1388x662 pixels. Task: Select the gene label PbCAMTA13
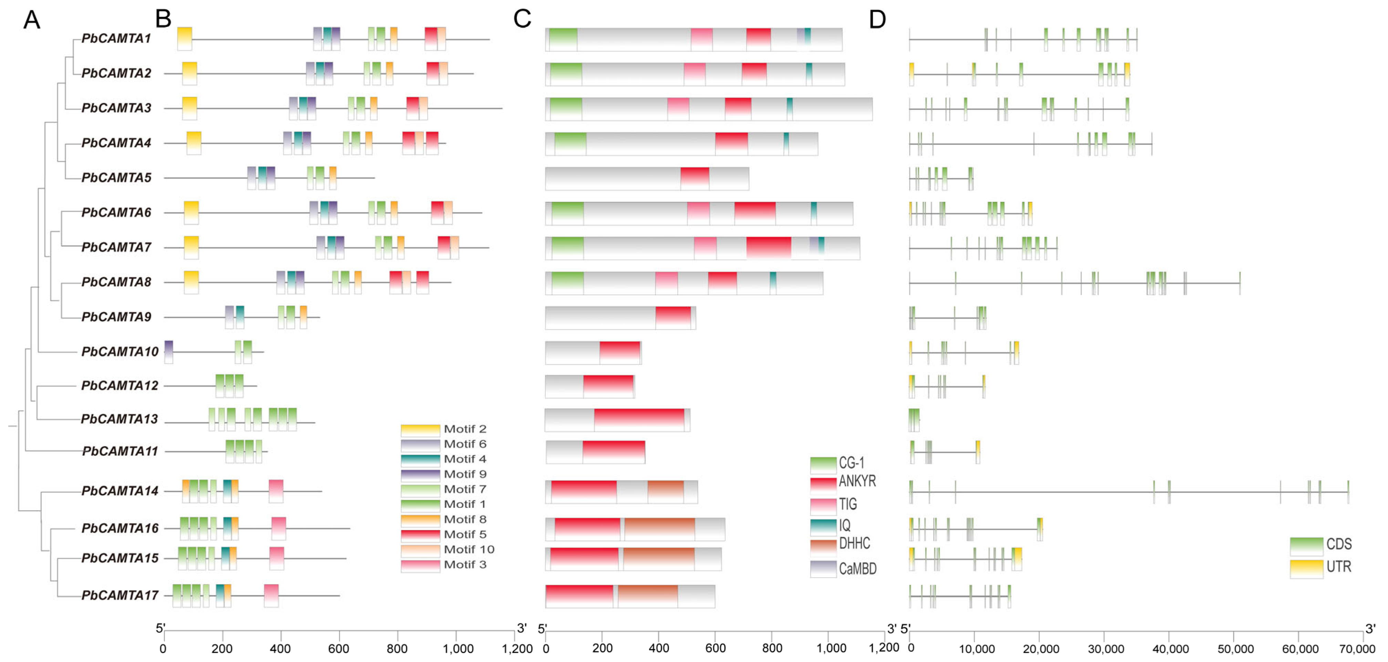click(x=119, y=420)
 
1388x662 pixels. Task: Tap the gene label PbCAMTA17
click(x=119, y=596)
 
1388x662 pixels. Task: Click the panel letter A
click(x=32, y=20)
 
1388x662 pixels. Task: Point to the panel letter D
click(x=877, y=20)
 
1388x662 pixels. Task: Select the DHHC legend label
click(x=855, y=544)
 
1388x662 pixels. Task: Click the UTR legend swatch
click(x=1306, y=569)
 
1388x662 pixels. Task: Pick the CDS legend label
click(x=1339, y=545)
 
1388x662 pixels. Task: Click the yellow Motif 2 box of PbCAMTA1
click(x=185, y=39)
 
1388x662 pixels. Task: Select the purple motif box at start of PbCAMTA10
click(x=169, y=352)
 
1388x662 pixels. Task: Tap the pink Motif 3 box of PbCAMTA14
click(x=276, y=491)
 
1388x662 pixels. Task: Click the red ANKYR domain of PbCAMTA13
click(x=639, y=420)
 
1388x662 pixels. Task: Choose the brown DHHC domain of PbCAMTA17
click(x=648, y=596)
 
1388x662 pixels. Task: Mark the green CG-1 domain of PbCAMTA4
click(x=570, y=144)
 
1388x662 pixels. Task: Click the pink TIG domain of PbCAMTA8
click(x=667, y=283)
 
